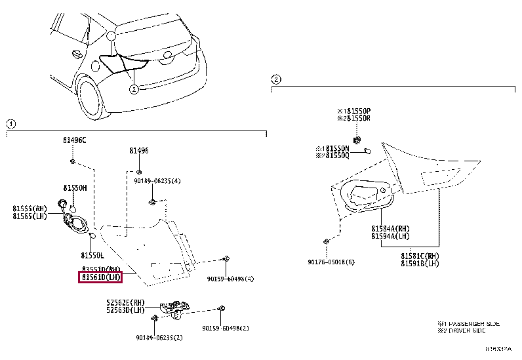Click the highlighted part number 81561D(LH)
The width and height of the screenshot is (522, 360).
(x=100, y=277)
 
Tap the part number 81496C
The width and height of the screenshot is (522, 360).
(x=74, y=140)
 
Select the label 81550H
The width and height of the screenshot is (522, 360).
(x=75, y=187)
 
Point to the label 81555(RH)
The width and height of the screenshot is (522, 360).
(x=32, y=209)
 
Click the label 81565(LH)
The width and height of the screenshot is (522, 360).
(x=32, y=216)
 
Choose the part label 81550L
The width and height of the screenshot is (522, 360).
(x=92, y=255)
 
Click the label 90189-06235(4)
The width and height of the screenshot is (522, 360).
(x=157, y=180)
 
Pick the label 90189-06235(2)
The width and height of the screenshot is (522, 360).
(x=159, y=337)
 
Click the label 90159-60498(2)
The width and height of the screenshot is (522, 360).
(x=226, y=328)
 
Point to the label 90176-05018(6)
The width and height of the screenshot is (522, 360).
(x=331, y=262)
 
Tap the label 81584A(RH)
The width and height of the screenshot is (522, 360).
(x=390, y=228)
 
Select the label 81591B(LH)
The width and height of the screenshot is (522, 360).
(x=420, y=263)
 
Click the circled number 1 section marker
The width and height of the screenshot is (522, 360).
(x=11, y=124)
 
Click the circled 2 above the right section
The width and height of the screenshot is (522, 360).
(x=276, y=79)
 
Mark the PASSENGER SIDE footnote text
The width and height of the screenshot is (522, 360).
(x=469, y=324)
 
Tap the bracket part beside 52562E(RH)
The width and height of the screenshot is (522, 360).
(x=174, y=308)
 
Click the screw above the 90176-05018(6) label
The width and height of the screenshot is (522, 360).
(x=326, y=243)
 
